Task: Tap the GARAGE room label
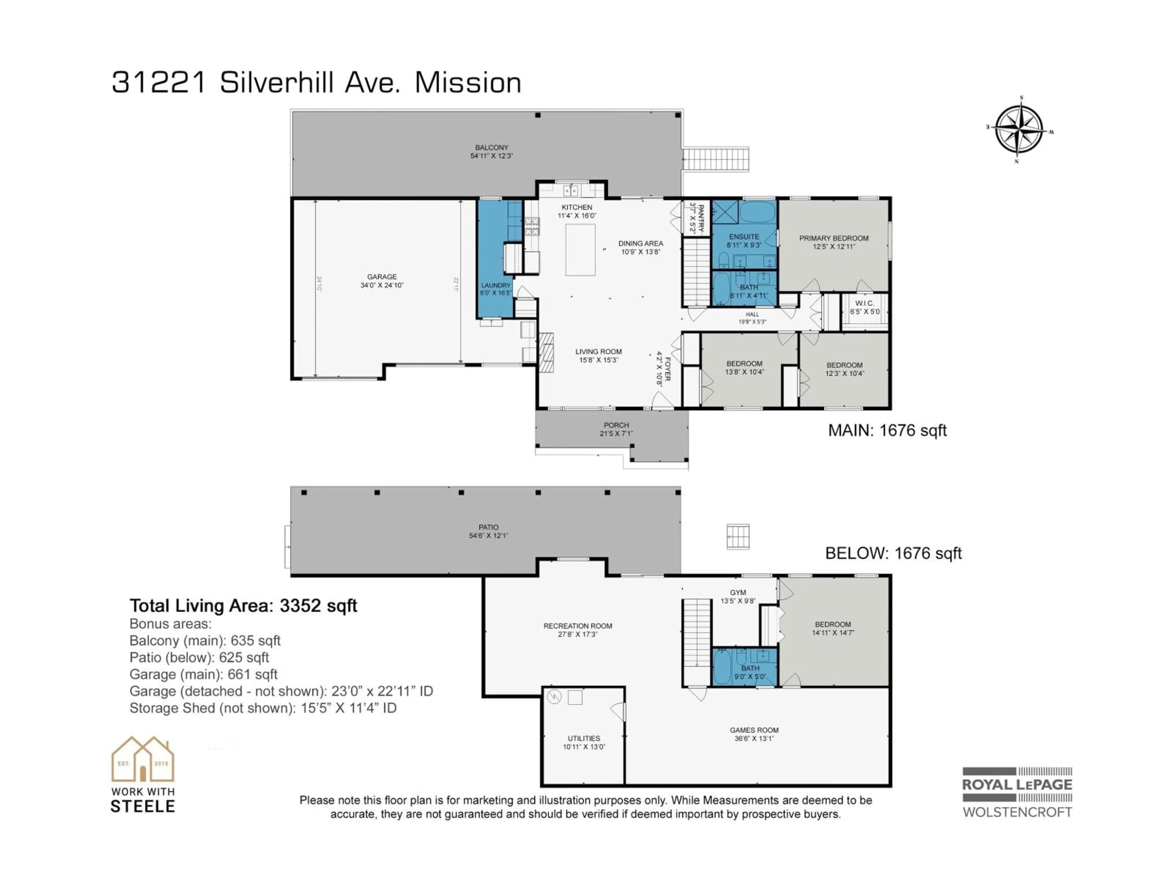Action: tap(382, 277)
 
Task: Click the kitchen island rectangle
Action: tap(580, 250)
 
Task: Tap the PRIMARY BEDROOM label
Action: tap(834, 238)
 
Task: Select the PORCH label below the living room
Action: tap(616, 425)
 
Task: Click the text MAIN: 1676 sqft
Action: tap(887, 430)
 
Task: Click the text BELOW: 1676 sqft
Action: tap(893, 553)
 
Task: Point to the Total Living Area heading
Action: tap(243, 606)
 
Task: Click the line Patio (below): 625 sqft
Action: tap(199, 657)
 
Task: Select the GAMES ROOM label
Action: tap(754, 730)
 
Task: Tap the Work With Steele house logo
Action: tap(143, 760)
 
